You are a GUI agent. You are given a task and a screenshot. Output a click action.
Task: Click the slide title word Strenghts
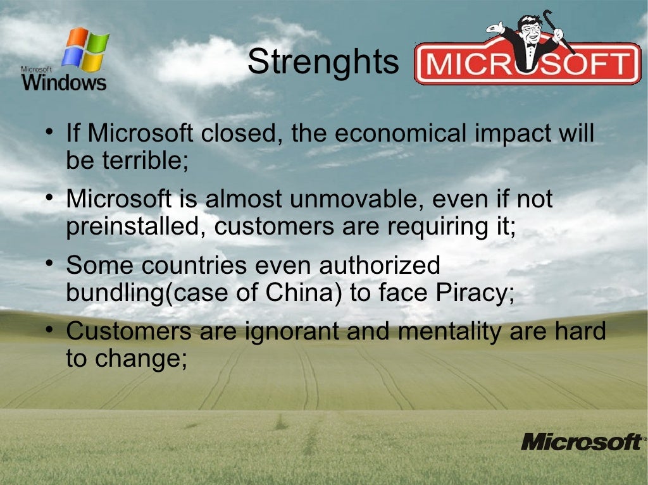[323, 63]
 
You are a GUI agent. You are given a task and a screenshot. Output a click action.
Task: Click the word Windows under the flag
[65, 82]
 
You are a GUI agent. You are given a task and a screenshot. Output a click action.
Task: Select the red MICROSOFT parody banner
[527, 64]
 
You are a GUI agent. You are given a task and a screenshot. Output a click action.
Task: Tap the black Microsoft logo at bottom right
[581, 441]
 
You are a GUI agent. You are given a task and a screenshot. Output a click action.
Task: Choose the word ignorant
[257, 331]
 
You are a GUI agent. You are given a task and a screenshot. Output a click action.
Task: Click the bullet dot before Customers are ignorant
[49, 329]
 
